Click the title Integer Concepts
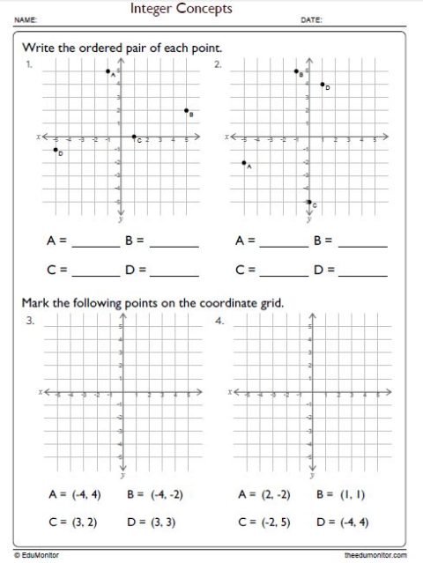[x=182, y=9]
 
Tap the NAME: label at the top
[x=26, y=19]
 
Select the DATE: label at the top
[x=311, y=19]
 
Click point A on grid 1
[x=108, y=71]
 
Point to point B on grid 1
[x=186, y=111]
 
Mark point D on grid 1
[x=56, y=150]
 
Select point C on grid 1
[x=134, y=137]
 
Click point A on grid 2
[x=243, y=163]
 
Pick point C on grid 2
[x=308, y=202]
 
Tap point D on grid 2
[x=323, y=85]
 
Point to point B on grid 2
[x=296, y=71]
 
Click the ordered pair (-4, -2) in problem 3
[x=167, y=495]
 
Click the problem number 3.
[x=30, y=321]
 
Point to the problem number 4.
[x=219, y=321]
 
